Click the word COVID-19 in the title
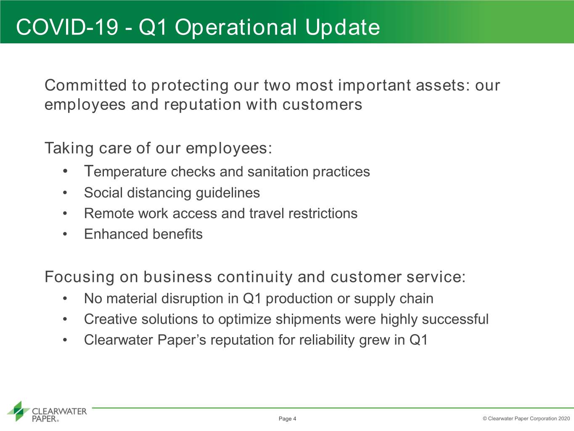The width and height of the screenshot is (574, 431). click(x=67, y=27)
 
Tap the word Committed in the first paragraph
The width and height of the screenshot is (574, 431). click(x=85, y=85)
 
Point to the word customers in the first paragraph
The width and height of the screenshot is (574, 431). click(x=322, y=105)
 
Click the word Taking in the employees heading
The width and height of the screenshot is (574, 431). click(x=69, y=149)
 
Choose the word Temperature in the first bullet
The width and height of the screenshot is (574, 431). click(x=125, y=172)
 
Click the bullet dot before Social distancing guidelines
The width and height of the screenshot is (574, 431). click(x=65, y=193)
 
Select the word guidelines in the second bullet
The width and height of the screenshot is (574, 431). click(x=228, y=193)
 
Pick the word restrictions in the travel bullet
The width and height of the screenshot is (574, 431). click(x=323, y=213)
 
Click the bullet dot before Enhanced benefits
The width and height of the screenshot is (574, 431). click(x=65, y=234)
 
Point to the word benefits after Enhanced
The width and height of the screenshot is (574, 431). click(x=177, y=234)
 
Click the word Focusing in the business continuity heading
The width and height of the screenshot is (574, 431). click(x=79, y=277)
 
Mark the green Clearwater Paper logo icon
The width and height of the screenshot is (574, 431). click(x=19, y=411)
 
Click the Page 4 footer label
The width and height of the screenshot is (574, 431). click(x=287, y=419)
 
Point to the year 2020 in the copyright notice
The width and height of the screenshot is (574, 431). click(x=564, y=418)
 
